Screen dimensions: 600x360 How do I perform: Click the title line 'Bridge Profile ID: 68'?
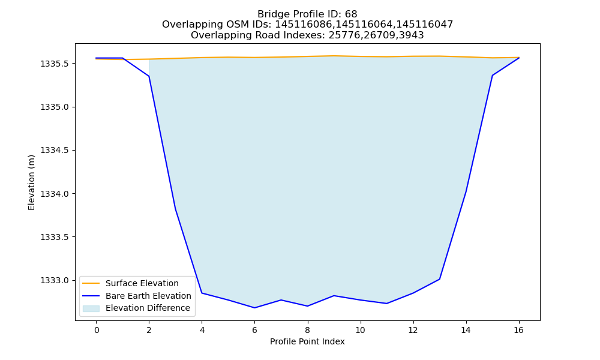tap(307, 14)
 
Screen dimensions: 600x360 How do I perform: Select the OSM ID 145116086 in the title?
tap(304, 25)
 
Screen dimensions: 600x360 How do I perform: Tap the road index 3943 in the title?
tap(412, 35)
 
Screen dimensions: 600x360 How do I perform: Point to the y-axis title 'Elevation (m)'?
tap(31, 182)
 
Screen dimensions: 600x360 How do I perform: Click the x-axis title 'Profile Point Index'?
tap(307, 341)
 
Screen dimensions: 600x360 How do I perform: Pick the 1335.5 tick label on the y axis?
tap(55, 64)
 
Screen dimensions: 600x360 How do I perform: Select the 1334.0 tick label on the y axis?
tap(55, 194)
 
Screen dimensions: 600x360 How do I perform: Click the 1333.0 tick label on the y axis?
tap(55, 281)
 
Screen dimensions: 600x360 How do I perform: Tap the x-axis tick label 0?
tap(97, 330)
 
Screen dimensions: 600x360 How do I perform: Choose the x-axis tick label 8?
tap(308, 330)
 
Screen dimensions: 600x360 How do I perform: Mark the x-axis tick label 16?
tap(518, 330)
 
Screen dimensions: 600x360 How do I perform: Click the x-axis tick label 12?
tap(413, 330)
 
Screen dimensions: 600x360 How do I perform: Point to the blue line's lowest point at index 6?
tap(255, 308)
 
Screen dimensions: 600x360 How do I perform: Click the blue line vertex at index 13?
tap(440, 279)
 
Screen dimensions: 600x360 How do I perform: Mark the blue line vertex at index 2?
tap(149, 76)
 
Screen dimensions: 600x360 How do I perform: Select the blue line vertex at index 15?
tap(493, 76)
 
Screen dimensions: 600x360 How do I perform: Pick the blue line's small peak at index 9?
tap(334, 295)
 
